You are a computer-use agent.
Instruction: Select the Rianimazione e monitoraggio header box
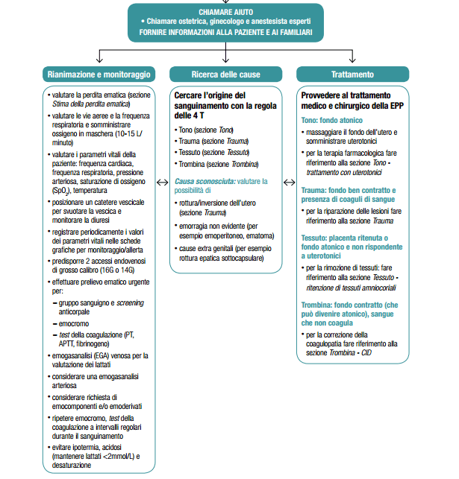pyautogui.click(x=100, y=74)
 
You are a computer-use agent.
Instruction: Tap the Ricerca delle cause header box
pyautogui.click(x=225, y=74)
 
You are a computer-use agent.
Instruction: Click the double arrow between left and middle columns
pyautogui.click(x=162, y=181)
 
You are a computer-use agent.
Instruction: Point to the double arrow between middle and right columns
pyautogui.click(x=290, y=181)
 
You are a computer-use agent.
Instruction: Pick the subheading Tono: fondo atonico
pyautogui.click(x=332, y=120)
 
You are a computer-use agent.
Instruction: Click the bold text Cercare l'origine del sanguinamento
pyautogui.click(x=210, y=101)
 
